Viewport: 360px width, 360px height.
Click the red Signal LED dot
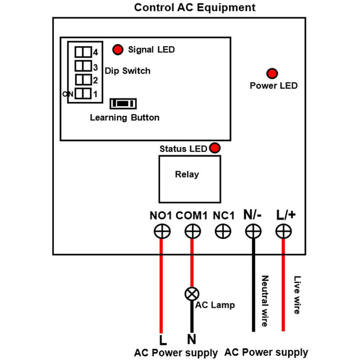(118, 49)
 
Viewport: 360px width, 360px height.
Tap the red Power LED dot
(272, 73)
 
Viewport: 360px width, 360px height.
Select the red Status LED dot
(214, 148)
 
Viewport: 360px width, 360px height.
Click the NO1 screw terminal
(161, 231)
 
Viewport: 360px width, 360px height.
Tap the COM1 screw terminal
(192, 231)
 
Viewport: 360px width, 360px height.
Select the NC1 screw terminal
(223, 231)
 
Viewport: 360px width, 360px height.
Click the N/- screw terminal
(253, 231)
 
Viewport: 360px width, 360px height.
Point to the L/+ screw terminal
(284, 231)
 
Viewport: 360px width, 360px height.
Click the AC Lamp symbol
(192, 294)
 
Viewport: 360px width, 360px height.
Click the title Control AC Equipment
(194, 8)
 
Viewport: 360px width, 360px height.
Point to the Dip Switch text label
(127, 71)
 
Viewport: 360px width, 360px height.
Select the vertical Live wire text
(296, 295)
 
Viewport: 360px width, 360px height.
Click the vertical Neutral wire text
(265, 301)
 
